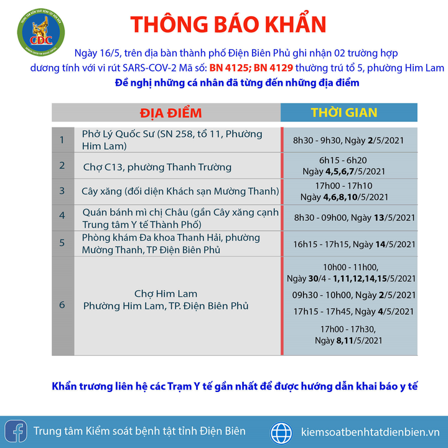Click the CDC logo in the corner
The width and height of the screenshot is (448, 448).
point(36,31)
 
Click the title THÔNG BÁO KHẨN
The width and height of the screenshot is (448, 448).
point(228,24)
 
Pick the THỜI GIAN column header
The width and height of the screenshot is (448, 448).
point(344,113)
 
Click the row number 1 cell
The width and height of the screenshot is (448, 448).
point(62,140)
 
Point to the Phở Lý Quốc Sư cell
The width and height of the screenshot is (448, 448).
point(172,140)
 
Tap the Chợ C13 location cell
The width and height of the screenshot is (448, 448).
point(157,167)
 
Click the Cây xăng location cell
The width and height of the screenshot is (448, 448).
point(180,191)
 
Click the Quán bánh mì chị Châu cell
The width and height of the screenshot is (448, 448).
point(180,218)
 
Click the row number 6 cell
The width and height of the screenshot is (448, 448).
point(62,305)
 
